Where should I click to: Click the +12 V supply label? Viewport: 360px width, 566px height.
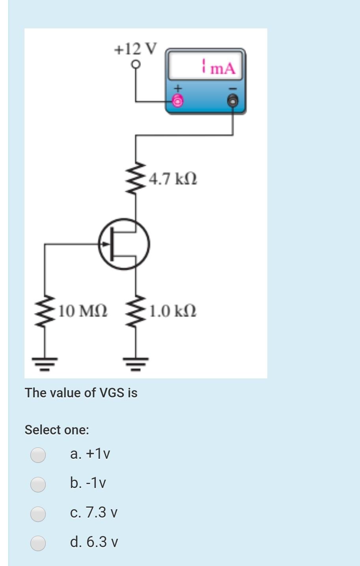point(135,49)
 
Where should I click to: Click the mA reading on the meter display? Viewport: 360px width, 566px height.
point(218,67)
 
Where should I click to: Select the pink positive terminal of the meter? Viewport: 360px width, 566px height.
point(178,101)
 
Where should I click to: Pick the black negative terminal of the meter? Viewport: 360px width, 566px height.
point(233,101)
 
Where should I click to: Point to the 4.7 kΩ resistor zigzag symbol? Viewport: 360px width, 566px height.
point(136,178)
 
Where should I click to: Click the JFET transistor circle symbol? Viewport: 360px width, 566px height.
point(124,244)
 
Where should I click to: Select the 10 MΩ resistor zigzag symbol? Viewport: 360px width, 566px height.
point(44,311)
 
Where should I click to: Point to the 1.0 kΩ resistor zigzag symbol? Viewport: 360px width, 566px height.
point(136,311)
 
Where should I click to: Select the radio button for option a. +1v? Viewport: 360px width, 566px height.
point(38,454)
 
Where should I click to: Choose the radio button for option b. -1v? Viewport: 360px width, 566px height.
point(38,484)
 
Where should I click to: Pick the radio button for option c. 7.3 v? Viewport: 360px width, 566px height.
point(38,513)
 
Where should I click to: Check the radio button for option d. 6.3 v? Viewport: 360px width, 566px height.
point(38,543)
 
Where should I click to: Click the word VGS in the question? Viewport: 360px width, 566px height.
point(112,393)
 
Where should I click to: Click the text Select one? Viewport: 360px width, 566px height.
point(57,430)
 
